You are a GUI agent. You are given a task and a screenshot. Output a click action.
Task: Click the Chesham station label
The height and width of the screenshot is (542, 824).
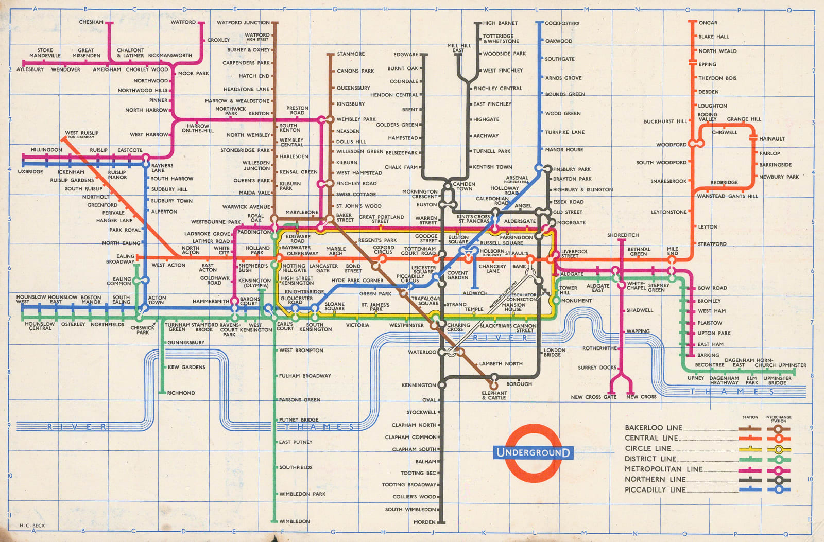[91, 22]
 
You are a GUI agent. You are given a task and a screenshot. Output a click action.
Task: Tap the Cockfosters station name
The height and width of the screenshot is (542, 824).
[562, 23]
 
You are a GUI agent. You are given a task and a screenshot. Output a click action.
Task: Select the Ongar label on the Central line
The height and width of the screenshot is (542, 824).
[708, 23]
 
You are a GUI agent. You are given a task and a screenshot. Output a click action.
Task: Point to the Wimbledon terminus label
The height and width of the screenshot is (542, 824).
[295, 521]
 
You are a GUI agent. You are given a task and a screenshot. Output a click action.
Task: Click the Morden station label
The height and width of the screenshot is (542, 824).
[424, 522]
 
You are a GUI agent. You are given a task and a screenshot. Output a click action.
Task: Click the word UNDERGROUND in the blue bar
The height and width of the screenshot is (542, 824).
[533, 453]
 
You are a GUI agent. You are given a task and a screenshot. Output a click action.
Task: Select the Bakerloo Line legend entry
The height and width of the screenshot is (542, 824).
[653, 428]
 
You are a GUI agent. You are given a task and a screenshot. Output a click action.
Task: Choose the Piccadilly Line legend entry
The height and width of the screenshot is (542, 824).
[655, 490]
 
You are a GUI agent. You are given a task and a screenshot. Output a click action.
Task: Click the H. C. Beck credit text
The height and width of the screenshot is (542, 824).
[32, 526]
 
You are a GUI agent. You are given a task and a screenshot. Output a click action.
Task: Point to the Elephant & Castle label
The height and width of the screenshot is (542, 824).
[494, 395]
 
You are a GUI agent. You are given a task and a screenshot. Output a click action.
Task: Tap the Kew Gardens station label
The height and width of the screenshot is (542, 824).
[186, 367]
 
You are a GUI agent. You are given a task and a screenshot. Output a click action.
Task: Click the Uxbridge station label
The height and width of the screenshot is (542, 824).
[30, 172]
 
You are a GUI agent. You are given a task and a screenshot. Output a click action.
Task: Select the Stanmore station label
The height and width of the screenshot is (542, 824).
[351, 54]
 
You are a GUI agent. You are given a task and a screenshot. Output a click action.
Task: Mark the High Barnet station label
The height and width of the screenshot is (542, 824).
[500, 23]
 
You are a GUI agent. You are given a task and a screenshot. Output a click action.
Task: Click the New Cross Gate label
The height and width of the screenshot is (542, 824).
[593, 397]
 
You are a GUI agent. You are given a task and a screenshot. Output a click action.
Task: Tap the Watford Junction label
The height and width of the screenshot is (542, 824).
[243, 23]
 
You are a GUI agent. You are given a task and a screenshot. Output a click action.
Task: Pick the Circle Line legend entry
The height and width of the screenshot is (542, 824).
[648, 448]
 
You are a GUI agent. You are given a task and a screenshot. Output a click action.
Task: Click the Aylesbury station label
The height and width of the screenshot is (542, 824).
[30, 69]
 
